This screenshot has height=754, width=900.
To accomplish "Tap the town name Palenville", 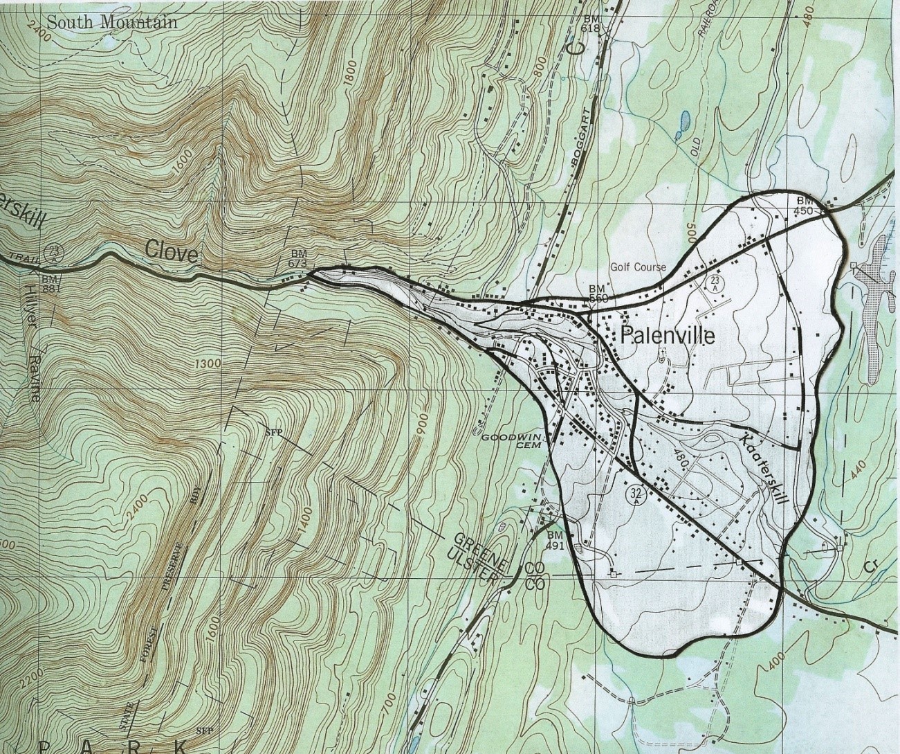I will click(668, 336).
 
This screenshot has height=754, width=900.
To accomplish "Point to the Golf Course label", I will click(638, 267).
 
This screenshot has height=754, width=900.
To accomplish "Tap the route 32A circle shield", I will click(636, 494).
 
